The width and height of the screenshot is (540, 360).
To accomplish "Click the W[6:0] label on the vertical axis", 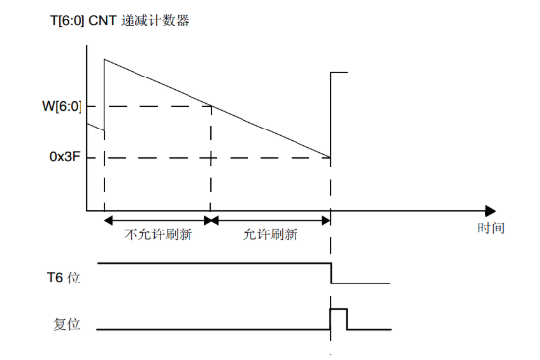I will pyautogui.click(x=60, y=106).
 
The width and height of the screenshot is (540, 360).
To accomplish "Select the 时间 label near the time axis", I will pyautogui.click(x=491, y=229).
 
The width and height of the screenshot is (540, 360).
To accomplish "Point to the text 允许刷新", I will pyautogui.click(x=271, y=235).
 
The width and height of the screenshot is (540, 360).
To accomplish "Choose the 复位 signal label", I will pyautogui.click(x=65, y=322).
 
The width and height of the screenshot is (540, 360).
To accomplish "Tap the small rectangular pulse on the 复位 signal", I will pyautogui.click(x=339, y=318).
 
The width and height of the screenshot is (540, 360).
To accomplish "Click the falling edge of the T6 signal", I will pyautogui.click(x=331, y=274).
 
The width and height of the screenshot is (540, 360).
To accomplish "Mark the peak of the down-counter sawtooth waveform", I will pyautogui.click(x=104, y=59).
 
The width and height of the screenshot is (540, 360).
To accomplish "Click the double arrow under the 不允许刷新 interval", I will pyautogui.click(x=157, y=220).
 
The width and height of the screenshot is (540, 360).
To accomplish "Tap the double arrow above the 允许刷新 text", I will pyautogui.click(x=271, y=220).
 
